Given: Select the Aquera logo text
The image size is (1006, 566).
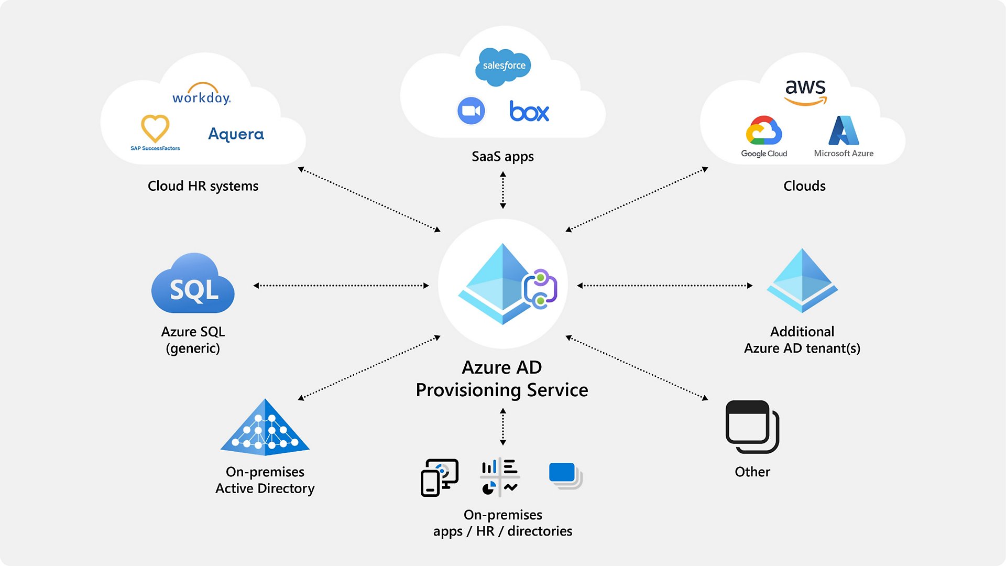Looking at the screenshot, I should click(236, 134).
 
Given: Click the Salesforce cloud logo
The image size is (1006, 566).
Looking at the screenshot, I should click(504, 66).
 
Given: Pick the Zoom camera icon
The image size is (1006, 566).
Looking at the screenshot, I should click(471, 111).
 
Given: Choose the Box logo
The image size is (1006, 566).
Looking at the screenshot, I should click(529, 111).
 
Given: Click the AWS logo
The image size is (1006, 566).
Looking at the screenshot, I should click(805, 92).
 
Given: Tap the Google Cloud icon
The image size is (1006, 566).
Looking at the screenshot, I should click(764, 130).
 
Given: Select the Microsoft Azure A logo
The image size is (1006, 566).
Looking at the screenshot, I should click(844, 130).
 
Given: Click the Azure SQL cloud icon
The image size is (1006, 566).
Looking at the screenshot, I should click(193, 284).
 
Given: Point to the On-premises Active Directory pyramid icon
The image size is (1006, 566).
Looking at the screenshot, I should click(265, 427).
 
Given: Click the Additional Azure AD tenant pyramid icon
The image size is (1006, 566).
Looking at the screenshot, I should click(802, 281).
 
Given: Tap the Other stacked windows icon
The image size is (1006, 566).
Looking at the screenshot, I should click(752, 427).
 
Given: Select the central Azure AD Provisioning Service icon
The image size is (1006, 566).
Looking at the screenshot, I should click(503, 284).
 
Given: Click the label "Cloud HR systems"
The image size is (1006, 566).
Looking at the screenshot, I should click(203, 186).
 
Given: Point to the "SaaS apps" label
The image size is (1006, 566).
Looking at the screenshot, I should click(502, 156).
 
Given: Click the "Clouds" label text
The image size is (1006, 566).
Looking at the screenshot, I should click(804, 186).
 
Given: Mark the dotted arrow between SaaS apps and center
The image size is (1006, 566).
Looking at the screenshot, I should click(503, 190).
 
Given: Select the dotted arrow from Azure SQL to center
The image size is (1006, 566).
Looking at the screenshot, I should click(341, 286).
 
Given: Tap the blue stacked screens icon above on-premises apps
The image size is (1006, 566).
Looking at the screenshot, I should click(565, 475).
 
